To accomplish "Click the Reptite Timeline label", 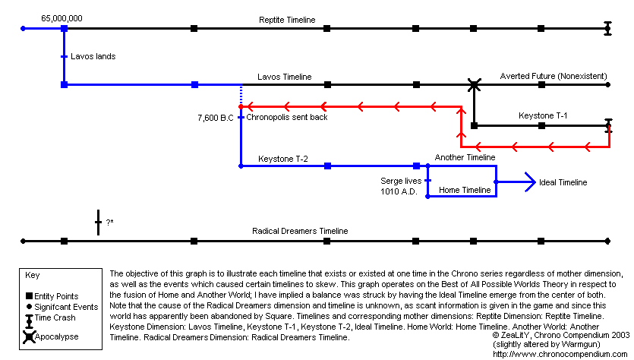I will [286, 20].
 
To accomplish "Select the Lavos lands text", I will [93, 56].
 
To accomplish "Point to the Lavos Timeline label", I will [284, 77].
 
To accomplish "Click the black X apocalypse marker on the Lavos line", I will [474, 84].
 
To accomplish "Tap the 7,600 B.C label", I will [214, 118].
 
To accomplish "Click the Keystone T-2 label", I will [283, 158].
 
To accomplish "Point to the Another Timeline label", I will [465, 157].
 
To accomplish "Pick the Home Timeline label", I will [465, 190].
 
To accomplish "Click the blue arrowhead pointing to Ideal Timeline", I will [529, 182].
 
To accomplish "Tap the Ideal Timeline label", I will [563, 182].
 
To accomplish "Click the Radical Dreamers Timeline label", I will [300, 231].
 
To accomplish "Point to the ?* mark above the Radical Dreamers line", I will [110, 222].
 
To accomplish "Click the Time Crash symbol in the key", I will [29, 321].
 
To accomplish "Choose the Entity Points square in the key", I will [29, 296].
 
